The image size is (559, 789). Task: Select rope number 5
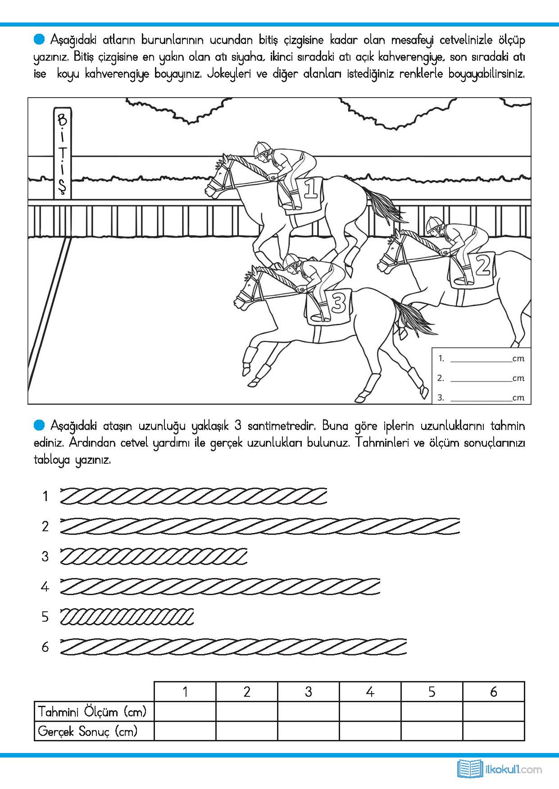pyautogui.click(x=127, y=616)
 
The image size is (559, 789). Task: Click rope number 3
pyautogui.click(x=153, y=556)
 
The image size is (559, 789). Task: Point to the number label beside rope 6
pyautogui.click(x=45, y=647)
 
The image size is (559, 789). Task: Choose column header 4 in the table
pyautogui.click(x=370, y=691)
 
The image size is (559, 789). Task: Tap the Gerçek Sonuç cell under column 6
pyautogui.click(x=493, y=731)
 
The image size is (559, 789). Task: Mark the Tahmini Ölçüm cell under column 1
pyautogui.click(x=185, y=712)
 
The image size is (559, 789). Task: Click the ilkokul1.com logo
pyautogui.click(x=500, y=769)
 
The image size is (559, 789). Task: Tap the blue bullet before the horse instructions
pyautogui.click(x=40, y=40)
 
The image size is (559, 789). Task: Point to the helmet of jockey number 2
pyautogui.click(x=435, y=222)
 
